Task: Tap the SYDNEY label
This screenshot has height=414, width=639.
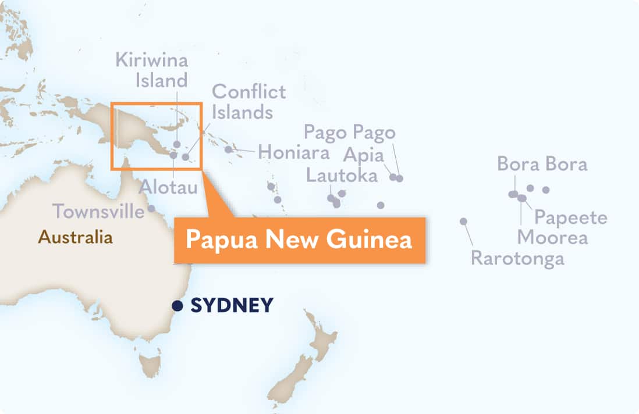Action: point(232,305)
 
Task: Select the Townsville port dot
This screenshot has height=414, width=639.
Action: point(151,208)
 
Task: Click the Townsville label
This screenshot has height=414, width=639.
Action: point(98,211)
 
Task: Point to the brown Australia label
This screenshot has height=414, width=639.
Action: point(75,237)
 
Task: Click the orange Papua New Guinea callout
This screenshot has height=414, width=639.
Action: point(299,240)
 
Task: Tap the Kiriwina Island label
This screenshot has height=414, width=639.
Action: point(151,70)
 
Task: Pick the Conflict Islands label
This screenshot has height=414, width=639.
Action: point(248,101)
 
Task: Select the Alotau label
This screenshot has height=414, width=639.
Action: point(168,187)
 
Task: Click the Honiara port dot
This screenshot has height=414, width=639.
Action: point(229,149)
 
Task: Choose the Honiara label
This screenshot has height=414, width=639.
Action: point(293,152)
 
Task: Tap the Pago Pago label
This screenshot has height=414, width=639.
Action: point(350,133)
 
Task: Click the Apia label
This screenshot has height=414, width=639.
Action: point(364,155)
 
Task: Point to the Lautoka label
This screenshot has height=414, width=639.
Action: point(342,175)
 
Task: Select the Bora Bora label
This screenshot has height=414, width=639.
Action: point(542,164)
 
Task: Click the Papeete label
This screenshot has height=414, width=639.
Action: point(571,217)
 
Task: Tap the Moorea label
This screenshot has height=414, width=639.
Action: point(552,237)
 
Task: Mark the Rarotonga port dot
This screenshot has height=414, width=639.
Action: point(463,221)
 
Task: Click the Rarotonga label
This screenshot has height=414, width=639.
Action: point(517,258)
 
